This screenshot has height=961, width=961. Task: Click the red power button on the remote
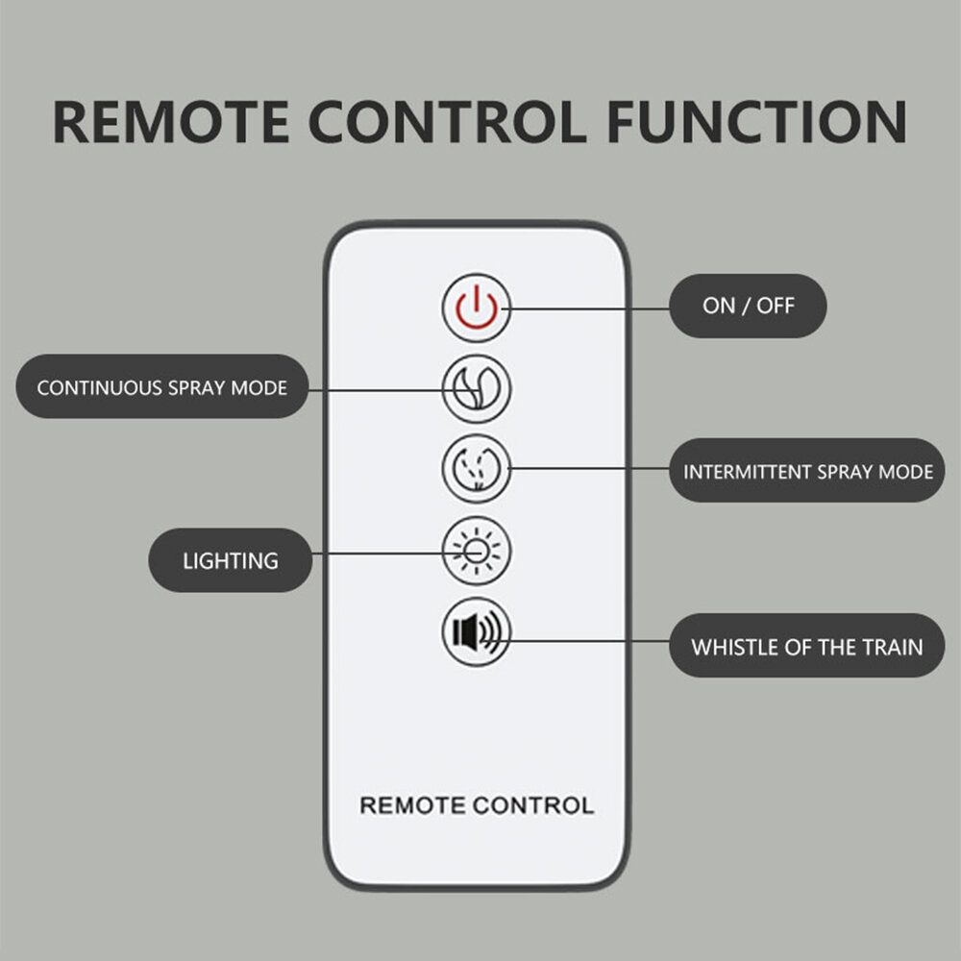tap(477, 308)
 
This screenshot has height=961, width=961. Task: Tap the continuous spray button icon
tap(477, 388)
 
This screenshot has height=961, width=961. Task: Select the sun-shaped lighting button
tap(477, 551)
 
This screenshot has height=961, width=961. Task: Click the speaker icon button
tap(477, 631)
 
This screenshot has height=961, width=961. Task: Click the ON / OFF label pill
tap(748, 306)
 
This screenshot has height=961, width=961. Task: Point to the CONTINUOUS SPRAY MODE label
tap(161, 386)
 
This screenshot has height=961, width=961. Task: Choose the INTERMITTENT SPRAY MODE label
tap(807, 471)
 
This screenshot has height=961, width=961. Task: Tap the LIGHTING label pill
tap(231, 560)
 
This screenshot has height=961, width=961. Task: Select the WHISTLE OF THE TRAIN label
tap(807, 646)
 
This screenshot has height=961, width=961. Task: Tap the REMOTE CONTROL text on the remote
tap(477, 805)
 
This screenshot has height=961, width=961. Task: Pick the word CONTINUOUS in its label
tap(99, 388)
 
